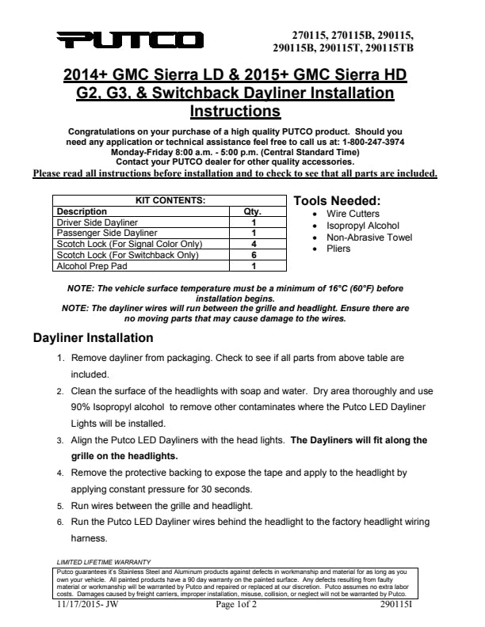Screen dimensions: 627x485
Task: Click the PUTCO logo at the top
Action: click(x=130, y=39)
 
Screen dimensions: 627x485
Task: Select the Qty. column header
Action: click(x=254, y=211)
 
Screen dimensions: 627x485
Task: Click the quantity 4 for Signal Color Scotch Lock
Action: click(x=254, y=245)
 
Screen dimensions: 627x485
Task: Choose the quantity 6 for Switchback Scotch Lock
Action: click(x=254, y=256)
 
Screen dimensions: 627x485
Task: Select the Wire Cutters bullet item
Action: click(x=353, y=214)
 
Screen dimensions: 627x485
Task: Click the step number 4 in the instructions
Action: click(x=60, y=473)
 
